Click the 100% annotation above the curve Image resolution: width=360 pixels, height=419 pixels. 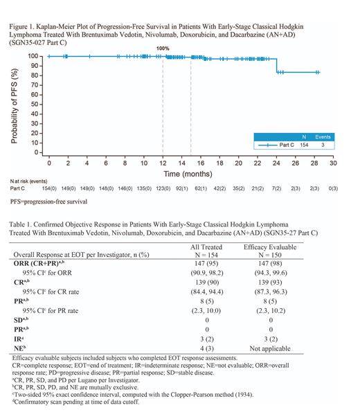coord(163,48)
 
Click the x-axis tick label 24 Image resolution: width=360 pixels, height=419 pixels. coord(276,163)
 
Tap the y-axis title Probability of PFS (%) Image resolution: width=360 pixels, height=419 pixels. coord(15,104)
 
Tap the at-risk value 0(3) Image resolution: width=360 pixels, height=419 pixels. coord(332,188)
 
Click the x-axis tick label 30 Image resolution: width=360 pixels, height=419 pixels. coord(332,163)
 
